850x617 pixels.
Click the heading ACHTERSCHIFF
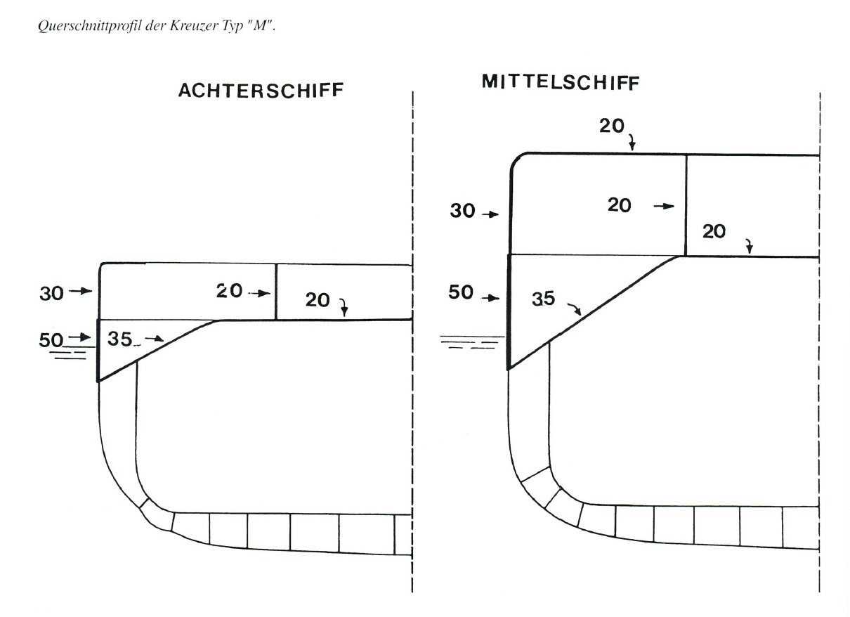261,91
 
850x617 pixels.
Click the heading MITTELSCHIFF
561,82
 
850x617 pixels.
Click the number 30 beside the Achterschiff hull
51,294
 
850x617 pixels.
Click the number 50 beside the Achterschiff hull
51,340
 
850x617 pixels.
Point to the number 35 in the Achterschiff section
119,338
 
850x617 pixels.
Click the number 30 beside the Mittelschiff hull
462,211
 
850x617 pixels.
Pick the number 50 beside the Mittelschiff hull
461,292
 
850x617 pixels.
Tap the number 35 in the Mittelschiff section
544,299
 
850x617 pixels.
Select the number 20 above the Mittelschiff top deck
612,126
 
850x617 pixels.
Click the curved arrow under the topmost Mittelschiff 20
632,142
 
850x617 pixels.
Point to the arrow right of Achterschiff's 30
81,291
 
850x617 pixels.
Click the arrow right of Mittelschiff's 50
490,298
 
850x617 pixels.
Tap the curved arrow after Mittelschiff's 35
575,308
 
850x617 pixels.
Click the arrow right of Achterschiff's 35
155,338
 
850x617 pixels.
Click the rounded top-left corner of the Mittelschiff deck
517,160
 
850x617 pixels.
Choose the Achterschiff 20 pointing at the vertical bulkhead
229,291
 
